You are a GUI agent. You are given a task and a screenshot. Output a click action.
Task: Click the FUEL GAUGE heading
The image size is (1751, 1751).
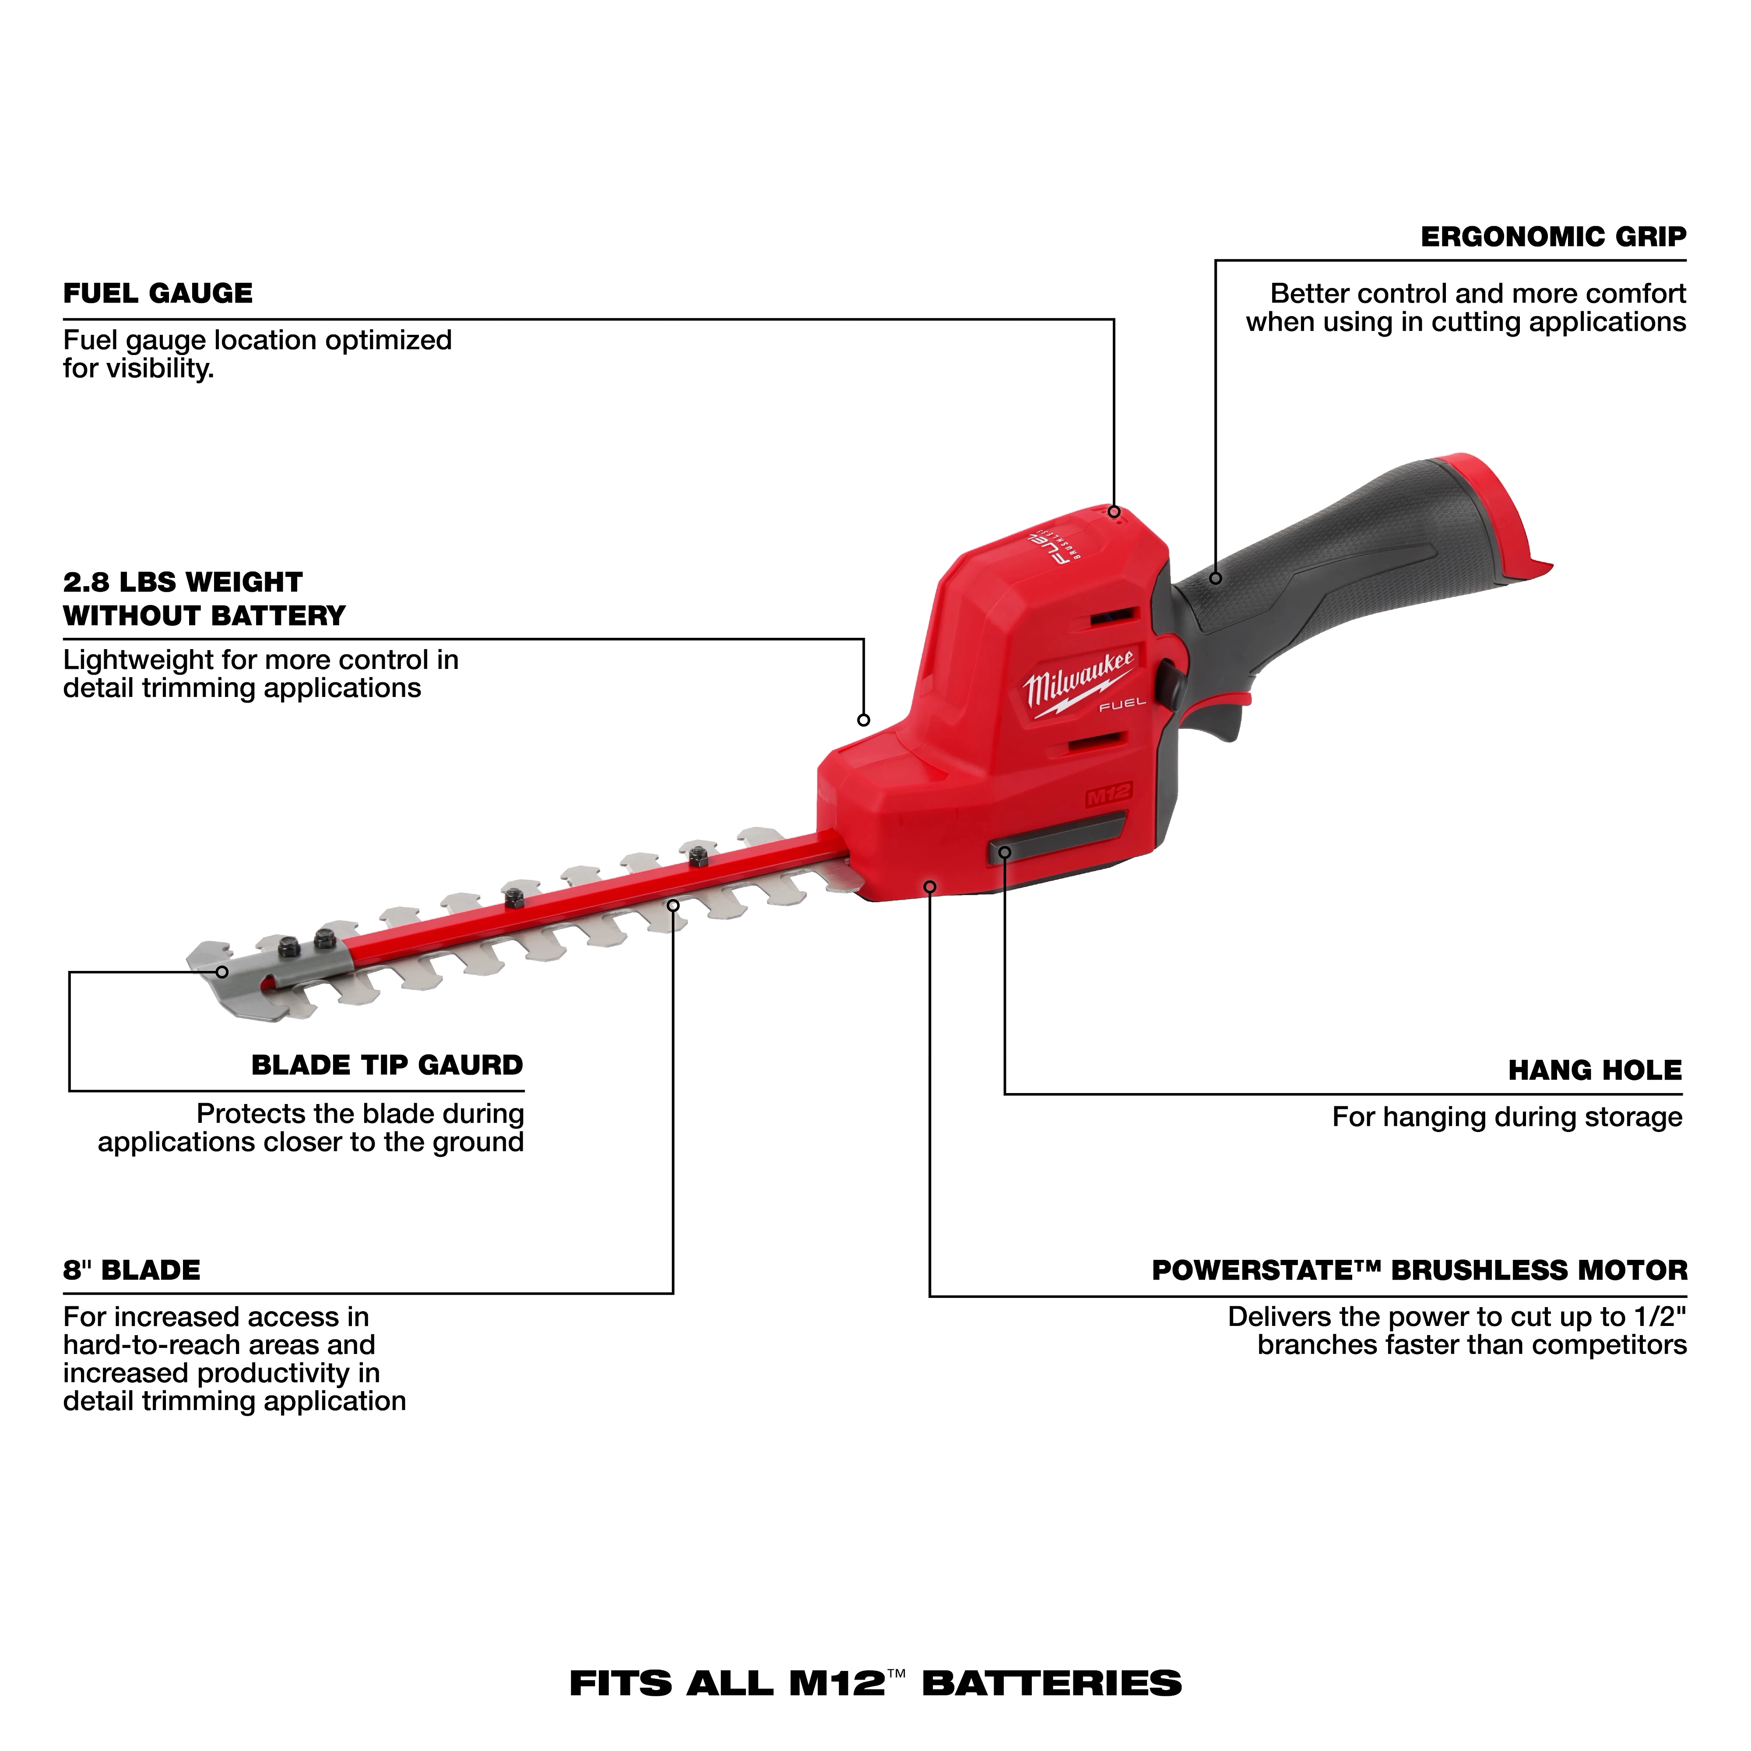tap(158, 294)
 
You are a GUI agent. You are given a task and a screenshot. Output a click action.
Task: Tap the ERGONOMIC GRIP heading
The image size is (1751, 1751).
tap(1553, 237)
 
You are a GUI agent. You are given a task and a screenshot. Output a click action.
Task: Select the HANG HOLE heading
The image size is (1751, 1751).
tap(1594, 1070)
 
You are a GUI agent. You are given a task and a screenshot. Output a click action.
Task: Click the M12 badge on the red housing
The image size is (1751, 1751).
tap(1108, 794)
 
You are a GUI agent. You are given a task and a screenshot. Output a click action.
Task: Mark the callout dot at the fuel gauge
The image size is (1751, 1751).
tap(1114, 512)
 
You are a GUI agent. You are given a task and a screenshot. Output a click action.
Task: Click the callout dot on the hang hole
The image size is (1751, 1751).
tap(1004, 852)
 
